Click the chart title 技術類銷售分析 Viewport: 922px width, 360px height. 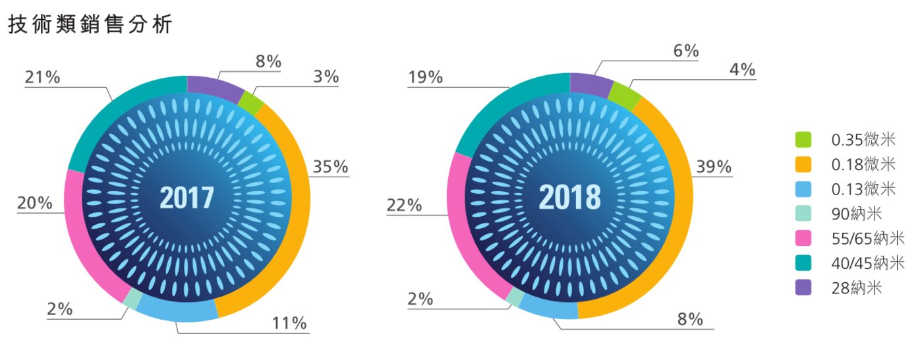90,24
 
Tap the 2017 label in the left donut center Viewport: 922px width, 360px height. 187,197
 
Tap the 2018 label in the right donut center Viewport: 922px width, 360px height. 569,197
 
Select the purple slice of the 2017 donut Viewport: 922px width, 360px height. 214,87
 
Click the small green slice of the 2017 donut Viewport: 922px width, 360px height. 250,103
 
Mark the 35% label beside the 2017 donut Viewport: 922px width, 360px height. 330,167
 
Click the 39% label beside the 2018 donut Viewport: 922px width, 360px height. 714,167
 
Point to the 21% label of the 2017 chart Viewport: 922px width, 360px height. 42,77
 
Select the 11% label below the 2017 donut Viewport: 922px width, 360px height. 289,323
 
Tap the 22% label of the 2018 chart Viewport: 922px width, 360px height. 404,204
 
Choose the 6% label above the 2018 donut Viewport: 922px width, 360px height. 686,51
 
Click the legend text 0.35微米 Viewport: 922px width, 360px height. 863,140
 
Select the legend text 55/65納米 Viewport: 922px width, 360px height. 868,239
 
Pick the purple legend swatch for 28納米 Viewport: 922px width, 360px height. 803,287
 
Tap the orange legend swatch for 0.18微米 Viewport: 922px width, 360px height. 803,164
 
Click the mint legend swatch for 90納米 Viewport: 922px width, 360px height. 803,214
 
